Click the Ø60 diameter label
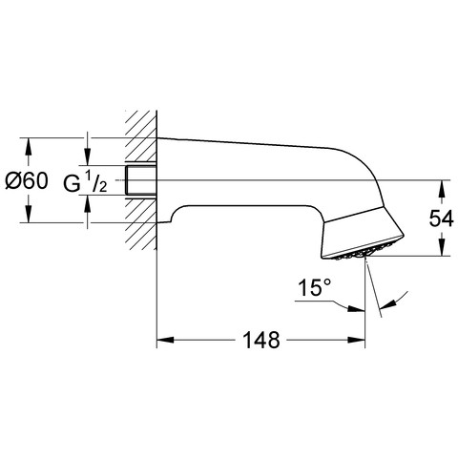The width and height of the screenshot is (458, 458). [x=27, y=180]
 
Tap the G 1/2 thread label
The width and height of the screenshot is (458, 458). [x=85, y=182]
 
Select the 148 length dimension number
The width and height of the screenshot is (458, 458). [x=261, y=340]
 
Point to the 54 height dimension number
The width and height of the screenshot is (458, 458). [x=441, y=219]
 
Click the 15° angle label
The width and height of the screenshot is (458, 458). [x=315, y=287]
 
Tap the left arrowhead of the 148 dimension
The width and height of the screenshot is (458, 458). [x=165, y=340]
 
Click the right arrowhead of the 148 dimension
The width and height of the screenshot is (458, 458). [x=357, y=340]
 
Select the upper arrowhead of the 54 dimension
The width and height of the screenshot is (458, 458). [x=441, y=189]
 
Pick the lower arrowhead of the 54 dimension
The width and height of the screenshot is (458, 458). [x=441, y=247]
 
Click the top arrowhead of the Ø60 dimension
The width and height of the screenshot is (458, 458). [x=29, y=146]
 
